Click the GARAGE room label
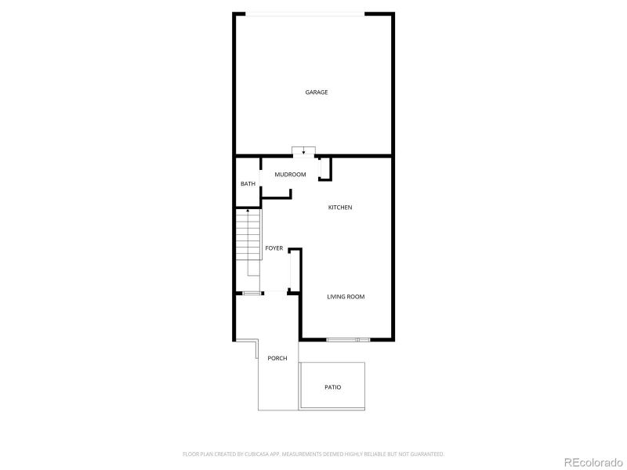pos(317,92)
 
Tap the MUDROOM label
pos(290,174)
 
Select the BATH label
pos(248,184)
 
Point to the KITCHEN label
pos(340,208)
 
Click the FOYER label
pos(274,248)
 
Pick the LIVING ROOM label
pos(346,296)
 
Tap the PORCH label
pos(277,358)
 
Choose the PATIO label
pos(333,387)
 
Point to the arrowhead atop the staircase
pos(248,211)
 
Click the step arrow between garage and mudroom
pos(303,151)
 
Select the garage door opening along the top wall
pos(305,13)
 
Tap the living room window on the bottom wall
pos(348,339)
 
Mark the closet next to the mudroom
pos(325,168)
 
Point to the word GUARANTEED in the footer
pos(428,454)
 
